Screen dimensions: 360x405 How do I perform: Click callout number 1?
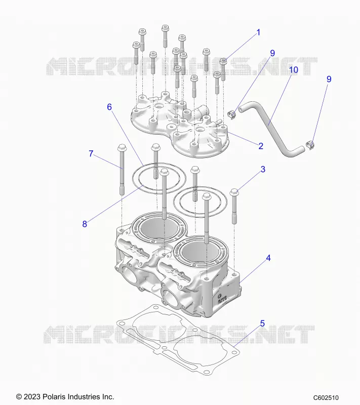[x=258, y=33]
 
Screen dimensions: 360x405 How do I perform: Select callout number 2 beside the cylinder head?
[x=261, y=146]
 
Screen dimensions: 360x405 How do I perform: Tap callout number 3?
[x=263, y=169]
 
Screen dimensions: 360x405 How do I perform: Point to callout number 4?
[x=268, y=258]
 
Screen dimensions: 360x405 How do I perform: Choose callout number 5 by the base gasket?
[x=262, y=323]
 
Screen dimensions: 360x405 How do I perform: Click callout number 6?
[x=109, y=107]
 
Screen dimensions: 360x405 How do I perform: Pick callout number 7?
[x=91, y=154]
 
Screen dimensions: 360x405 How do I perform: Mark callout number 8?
[x=85, y=224]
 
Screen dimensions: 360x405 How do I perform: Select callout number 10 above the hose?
[x=294, y=70]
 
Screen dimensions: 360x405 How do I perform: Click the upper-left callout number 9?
[x=272, y=53]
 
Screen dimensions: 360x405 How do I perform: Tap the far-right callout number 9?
[x=329, y=79]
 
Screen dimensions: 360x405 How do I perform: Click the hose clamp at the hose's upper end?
[x=232, y=114]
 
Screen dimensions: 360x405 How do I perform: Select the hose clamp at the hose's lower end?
[x=310, y=145]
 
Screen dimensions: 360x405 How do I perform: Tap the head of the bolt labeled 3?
[x=234, y=192]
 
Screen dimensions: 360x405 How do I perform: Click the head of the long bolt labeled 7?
[x=121, y=148]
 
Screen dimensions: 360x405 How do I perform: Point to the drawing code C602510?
[x=326, y=398]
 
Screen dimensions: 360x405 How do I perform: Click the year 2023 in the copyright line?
[x=30, y=396]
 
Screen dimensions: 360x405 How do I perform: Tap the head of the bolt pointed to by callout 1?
[x=223, y=61]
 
